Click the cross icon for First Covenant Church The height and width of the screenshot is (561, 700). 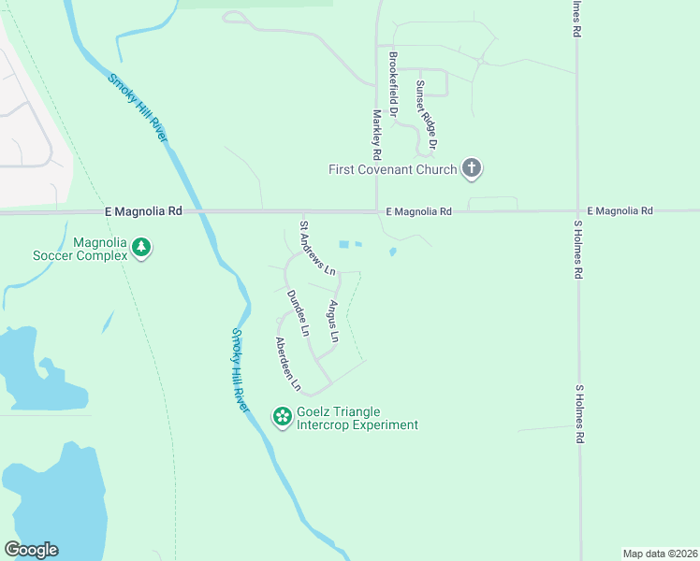473,169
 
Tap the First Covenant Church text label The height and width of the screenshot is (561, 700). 392,169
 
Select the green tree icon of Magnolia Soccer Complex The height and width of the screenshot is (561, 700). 141,248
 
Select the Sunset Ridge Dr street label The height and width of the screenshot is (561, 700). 427,115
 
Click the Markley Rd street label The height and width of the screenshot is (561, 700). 376,134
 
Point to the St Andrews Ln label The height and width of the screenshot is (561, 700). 317,248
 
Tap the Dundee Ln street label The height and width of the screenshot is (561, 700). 298,312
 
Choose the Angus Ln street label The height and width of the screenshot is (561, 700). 332,320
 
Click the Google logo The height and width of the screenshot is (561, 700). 31,550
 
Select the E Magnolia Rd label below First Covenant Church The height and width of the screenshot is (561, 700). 418,212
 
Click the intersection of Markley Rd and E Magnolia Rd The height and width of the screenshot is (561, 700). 376,211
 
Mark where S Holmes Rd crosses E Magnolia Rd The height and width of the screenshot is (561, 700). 577,211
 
